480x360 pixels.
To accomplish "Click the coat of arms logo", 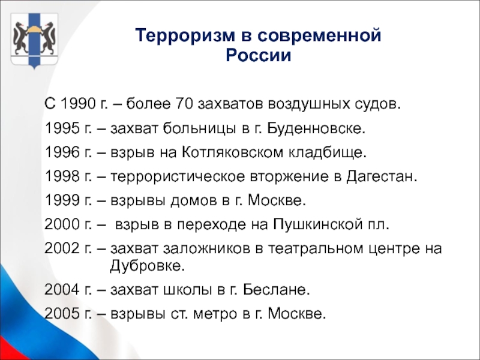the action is [34, 40].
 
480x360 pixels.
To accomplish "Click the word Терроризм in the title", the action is [185, 35].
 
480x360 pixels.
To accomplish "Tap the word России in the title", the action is [259, 56].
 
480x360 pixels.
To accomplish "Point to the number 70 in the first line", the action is [184, 104].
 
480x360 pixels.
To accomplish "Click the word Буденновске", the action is [316, 128].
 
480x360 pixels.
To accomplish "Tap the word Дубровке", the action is [148, 265].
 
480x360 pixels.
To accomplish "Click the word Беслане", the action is [277, 289].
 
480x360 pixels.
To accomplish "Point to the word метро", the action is [215, 314].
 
